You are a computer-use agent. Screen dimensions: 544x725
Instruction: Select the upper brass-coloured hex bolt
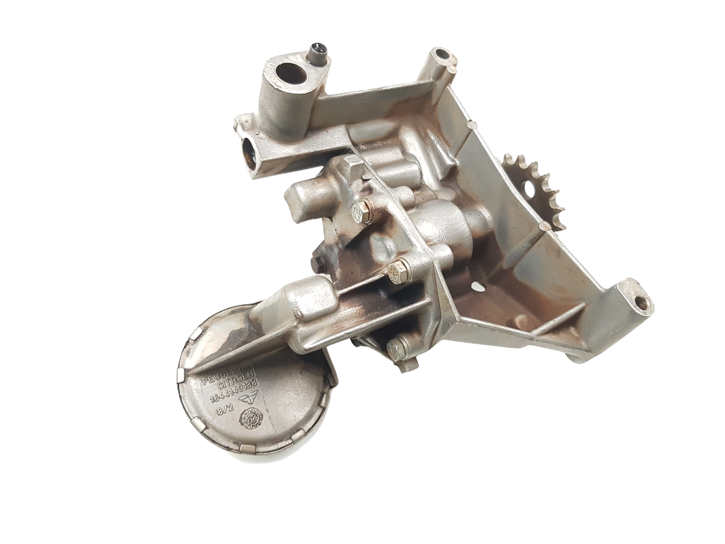361,209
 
